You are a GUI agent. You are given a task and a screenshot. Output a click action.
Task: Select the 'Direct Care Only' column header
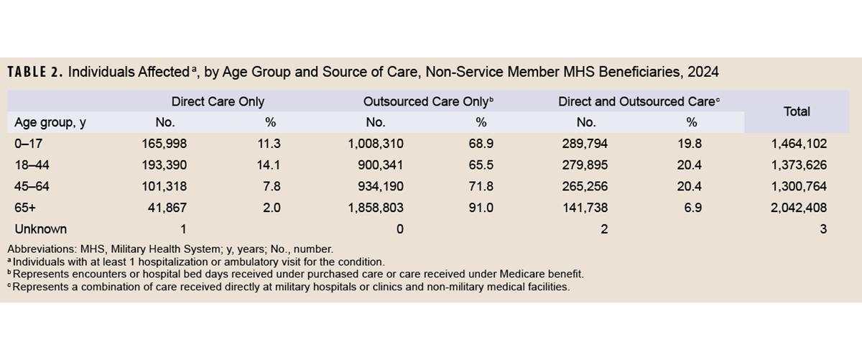tap(218, 102)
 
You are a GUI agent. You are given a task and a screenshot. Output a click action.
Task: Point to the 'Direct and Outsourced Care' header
tap(639, 102)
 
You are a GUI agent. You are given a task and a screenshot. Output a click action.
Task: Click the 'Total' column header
tap(797, 111)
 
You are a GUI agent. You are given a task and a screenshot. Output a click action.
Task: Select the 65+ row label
tap(24, 208)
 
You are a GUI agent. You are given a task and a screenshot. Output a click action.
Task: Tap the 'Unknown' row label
tap(41, 229)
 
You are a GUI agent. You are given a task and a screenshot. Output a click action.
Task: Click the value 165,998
tap(164, 144)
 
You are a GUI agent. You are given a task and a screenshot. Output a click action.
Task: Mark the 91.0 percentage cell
tap(481, 208)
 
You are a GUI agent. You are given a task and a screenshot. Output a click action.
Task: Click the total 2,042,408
tap(798, 208)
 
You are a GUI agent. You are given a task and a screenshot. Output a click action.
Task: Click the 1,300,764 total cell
tap(798, 187)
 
